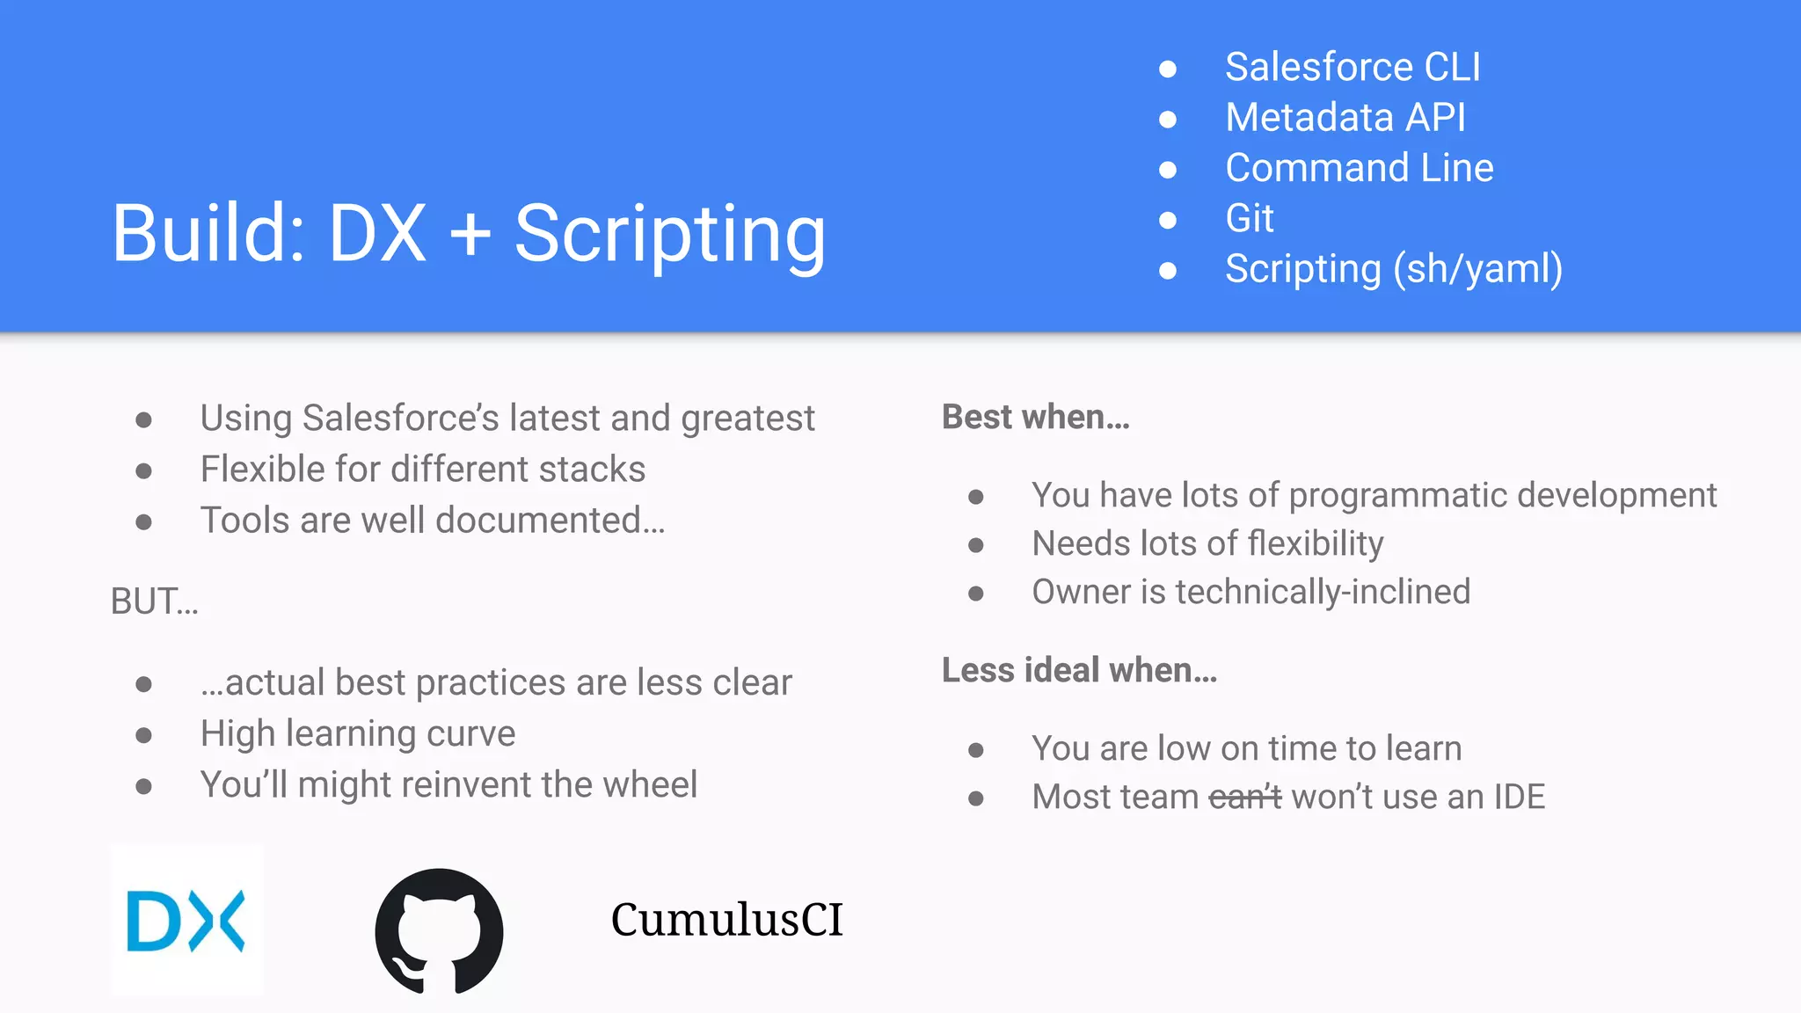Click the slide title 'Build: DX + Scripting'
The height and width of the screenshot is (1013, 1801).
[469, 233]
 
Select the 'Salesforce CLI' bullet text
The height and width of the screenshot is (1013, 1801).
[1353, 68]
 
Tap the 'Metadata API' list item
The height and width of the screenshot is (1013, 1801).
[1345, 118]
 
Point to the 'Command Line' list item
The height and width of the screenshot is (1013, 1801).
[1359, 168]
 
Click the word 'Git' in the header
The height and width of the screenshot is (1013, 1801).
[1249, 218]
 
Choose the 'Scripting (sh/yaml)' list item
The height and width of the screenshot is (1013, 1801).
[1393, 269]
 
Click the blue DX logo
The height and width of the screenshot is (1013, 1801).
[186, 921]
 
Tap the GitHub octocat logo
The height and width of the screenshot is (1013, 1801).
[439, 931]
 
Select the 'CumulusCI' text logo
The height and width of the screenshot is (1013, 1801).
[726, 920]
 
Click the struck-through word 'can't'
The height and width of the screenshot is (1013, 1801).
[1244, 798]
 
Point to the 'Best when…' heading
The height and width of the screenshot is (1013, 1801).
[1035, 417]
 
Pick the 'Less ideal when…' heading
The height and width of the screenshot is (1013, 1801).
[1079, 670]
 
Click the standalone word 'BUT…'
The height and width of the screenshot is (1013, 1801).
[155, 601]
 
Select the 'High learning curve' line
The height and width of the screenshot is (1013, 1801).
[357, 733]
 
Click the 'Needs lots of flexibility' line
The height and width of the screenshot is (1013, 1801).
[1207, 543]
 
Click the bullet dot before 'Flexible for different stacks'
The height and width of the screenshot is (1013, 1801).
[144, 471]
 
